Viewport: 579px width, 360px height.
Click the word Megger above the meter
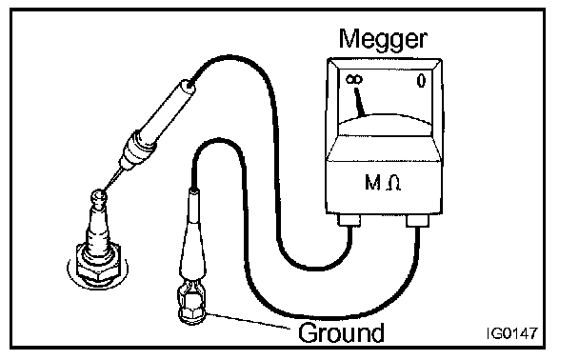(x=383, y=40)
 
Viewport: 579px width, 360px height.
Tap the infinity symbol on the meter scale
(x=354, y=80)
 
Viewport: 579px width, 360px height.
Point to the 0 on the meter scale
(x=421, y=81)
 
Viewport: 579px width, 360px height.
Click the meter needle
(x=359, y=102)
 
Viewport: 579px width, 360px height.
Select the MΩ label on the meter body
(x=383, y=183)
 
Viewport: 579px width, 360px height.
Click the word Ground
(x=341, y=333)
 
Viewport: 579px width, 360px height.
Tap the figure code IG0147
(x=511, y=333)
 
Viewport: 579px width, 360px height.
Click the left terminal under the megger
(x=349, y=220)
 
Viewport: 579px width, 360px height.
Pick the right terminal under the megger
(x=418, y=221)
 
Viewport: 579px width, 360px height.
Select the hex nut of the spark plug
(x=97, y=264)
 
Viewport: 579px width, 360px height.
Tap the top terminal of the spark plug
(x=99, y=197)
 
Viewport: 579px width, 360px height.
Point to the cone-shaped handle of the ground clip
(x=192, y=236)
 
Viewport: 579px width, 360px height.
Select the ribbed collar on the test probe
(x=138, y=150)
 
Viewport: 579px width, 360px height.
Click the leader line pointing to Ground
(x=249, y=321)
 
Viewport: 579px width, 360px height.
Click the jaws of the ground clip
(x=191, y=287)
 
